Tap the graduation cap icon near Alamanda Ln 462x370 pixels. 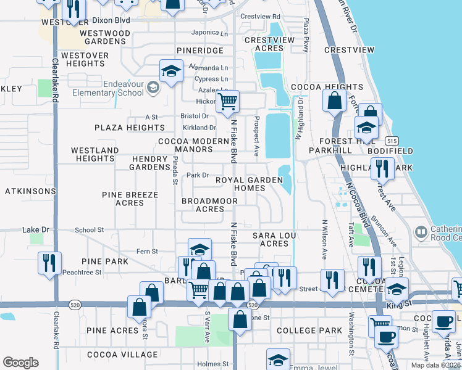(x=170, y=71)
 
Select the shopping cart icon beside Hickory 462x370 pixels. (x=227, y=101)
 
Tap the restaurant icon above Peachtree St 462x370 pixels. (x=48, y=262)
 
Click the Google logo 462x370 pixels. (x=20, y=363)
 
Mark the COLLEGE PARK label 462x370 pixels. (x=309, y=331)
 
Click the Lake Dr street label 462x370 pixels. (x=35, y=230)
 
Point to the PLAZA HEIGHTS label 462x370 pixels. (x=129, y=128)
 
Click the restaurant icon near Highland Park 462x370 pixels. (x=381, y=167)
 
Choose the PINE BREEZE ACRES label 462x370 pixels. (x=130, y=199)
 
